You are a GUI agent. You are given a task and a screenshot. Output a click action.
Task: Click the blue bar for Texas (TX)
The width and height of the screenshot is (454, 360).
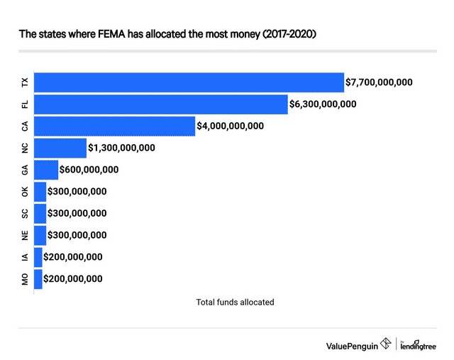(189, 82)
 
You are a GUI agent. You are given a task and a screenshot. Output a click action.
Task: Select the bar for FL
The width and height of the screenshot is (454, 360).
(160, 104)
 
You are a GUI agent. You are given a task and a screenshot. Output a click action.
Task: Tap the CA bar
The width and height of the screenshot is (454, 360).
(114, 126)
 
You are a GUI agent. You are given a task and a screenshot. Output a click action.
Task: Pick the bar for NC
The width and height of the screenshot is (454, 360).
(60, 148)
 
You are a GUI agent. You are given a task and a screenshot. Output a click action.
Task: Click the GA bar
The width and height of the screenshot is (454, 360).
(46, 170)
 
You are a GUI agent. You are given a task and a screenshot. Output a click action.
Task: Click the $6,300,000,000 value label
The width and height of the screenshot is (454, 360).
(323, 104)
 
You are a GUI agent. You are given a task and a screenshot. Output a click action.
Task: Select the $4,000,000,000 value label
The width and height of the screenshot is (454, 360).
(230, 126)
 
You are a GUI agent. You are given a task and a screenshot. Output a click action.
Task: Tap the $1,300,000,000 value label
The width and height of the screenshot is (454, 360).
(121, 148)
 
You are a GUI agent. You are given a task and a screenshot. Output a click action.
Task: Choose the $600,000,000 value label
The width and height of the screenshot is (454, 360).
(89, 170)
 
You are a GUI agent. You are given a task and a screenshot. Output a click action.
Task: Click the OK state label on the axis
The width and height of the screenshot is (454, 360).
(26, 192)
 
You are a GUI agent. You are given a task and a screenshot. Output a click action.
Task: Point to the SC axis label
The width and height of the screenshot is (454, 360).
(26, 214)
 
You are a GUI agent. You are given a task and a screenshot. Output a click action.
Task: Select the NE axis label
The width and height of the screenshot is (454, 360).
(26, 236)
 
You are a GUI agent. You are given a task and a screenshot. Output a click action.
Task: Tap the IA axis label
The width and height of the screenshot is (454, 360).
(26, 258)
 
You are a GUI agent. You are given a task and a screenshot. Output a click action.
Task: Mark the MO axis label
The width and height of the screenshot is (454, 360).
(26, 280)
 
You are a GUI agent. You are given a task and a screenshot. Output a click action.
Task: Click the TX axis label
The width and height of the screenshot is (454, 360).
(26, 82)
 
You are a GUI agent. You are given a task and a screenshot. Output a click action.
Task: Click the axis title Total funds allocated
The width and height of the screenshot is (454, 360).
(235, 302)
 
